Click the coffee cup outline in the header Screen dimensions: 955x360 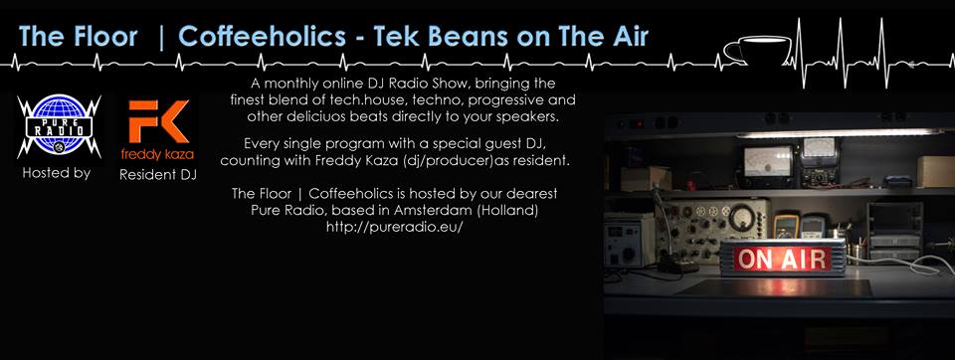coord(756,49)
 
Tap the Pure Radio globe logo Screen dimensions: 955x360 coord(59,126)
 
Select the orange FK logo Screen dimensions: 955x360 coord(158,122)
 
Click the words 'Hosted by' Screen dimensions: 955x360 coord(56,173)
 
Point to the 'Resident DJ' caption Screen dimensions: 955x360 coord(158,175)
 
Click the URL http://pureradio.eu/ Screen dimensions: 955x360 coord(395,227)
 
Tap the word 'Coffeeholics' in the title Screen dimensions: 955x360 coord(263,37)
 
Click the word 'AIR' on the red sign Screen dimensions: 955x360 coord(801,259)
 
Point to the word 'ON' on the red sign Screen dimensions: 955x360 coord(754,259)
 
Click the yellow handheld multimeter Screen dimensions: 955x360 coord(786,226)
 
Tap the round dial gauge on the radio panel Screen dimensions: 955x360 coord(741,218)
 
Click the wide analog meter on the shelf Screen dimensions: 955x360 coord(767,161)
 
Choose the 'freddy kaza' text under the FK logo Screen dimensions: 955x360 coord(157,154)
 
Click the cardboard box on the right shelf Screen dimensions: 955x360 coord(935,171)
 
